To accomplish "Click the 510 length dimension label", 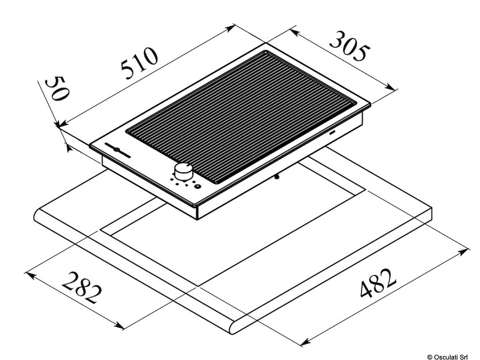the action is (140, 62).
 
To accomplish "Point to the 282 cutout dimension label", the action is (82, 288).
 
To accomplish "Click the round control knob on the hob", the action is (184, 171).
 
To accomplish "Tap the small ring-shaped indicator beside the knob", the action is (198, 186).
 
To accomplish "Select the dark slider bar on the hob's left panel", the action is (118, 150).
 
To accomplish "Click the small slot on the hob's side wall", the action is (332, 132).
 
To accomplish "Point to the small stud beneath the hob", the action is (277, 176).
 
